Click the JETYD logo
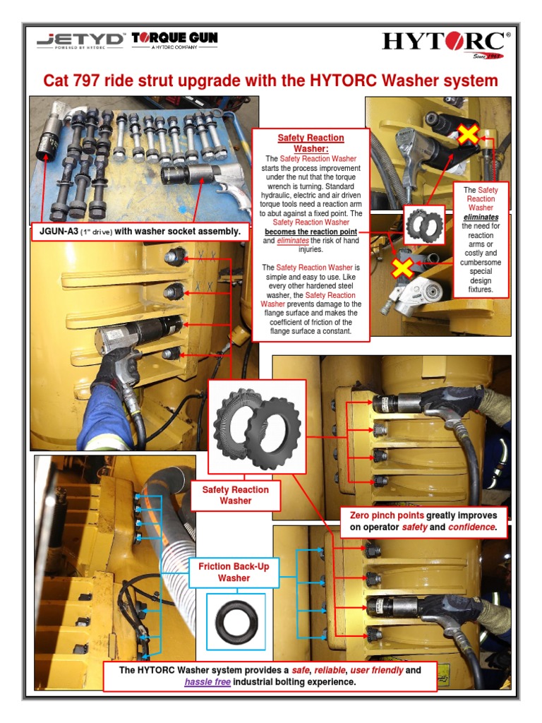tap(80, 41)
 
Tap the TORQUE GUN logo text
tap(174, 38)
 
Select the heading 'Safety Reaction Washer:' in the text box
tap(311, 143)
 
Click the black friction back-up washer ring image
tap(236, 621)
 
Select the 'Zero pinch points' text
tap(387, 515)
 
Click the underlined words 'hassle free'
tap(207, 682)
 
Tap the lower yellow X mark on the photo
tap(402, 268)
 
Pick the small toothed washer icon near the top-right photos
tap(424, 224)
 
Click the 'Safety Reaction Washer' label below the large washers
tap(236, 495)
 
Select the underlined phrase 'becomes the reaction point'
tap(311, 232)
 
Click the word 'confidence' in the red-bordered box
tap(471, 527)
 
